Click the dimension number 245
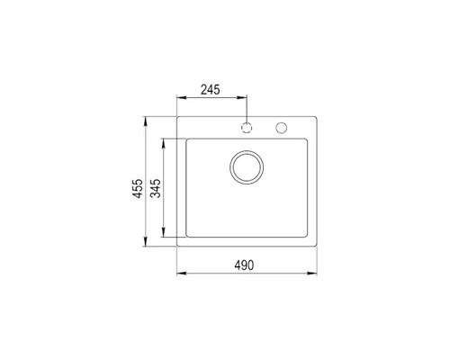211,90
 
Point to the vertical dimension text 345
156,190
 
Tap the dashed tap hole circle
246,126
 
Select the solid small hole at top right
282,126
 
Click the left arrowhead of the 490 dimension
180,273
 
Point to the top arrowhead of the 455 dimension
149,119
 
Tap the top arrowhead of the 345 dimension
164,140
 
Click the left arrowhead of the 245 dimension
179,98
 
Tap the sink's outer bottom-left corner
177,246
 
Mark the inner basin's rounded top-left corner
187,139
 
